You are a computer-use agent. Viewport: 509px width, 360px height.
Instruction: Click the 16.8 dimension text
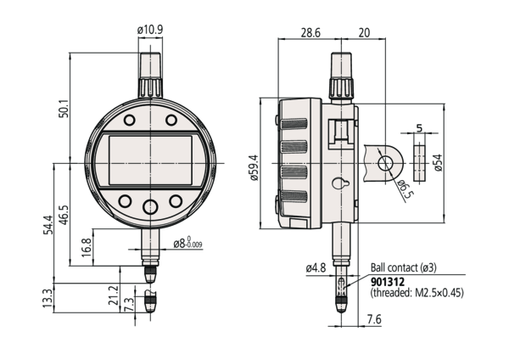87,246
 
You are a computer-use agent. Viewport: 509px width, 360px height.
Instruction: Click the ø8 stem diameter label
188,245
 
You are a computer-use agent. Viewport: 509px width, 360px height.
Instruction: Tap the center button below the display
151,206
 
